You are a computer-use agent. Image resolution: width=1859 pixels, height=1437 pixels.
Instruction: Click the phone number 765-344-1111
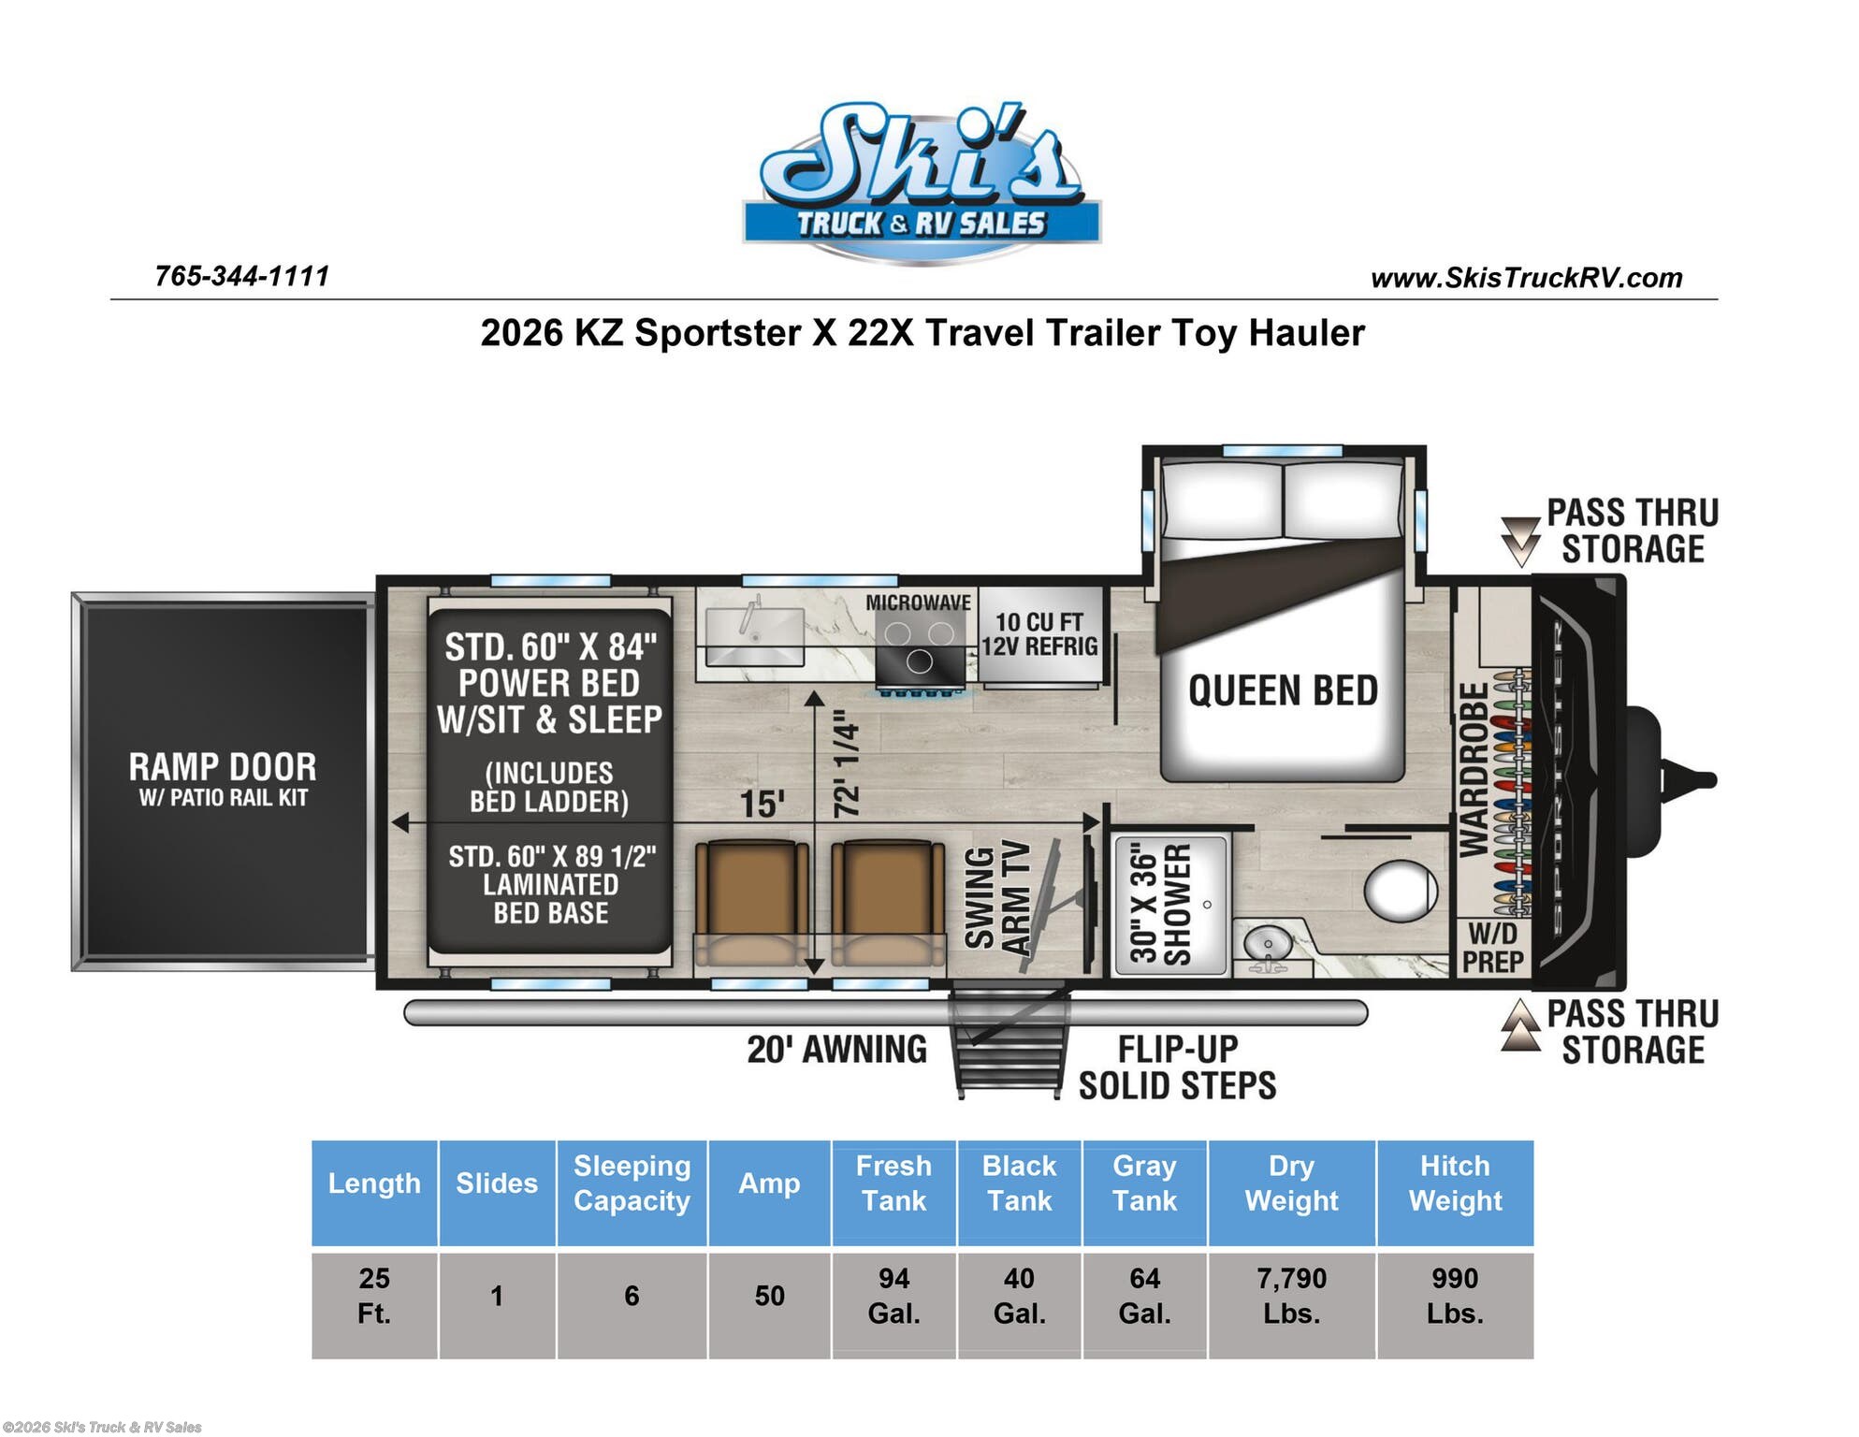pyautogui.click(x=242, y=276)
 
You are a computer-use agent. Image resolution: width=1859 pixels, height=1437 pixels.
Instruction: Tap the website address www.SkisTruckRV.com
pyautogui.click(x=1526, y=278)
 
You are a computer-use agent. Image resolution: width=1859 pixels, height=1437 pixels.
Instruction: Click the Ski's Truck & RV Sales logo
pyautogui.click(x=922, y=181)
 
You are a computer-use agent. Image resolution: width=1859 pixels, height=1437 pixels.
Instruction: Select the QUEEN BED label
pyautogui.click(x=1283, y=691)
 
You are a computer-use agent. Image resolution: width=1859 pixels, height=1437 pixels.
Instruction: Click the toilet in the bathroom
pyautogui.click(x=1400, y=891)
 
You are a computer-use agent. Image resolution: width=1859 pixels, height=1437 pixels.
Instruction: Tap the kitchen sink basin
pyautogui.click(x=754, y=636)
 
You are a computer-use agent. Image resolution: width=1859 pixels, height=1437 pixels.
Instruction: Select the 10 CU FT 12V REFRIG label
pyautogui.click(x=1039, y=634)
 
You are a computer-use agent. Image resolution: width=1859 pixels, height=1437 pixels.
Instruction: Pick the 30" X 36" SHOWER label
pyautogui.click(x=1160, y=904)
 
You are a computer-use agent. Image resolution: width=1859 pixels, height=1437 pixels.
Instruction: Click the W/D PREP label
pyautogui.click(x=1492, y=947)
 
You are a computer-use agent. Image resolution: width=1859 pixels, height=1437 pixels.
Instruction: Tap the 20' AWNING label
pyautogui.click(x=836, y=1049)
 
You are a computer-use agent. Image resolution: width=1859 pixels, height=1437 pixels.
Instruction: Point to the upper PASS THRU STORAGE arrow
pyautogui.click(x=1520, y=542)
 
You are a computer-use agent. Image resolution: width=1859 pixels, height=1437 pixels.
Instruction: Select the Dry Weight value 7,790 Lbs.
pyautogui.click(x=1291, y=1296)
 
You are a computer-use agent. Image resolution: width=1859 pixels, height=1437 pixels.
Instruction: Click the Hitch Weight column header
pyautogui.click(x=1455, y=1183)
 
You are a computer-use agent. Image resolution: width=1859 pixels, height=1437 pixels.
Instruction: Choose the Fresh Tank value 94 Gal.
pyautogui.click(x=893, y=1296)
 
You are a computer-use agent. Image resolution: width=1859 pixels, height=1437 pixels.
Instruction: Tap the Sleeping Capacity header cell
pyautogui.click(x=632, y=1183)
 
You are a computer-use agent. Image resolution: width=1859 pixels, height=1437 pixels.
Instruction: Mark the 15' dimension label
pyautogui.click(x=762, y=804)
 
